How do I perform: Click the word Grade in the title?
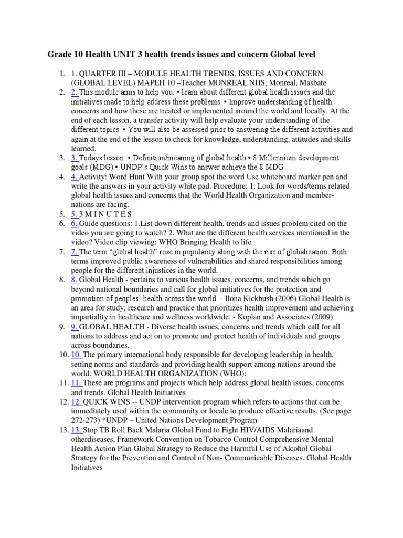pos(60,55)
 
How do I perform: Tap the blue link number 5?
pos(75,214)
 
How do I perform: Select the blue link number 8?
pos(75,280)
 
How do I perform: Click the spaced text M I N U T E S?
pos(106,214)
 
